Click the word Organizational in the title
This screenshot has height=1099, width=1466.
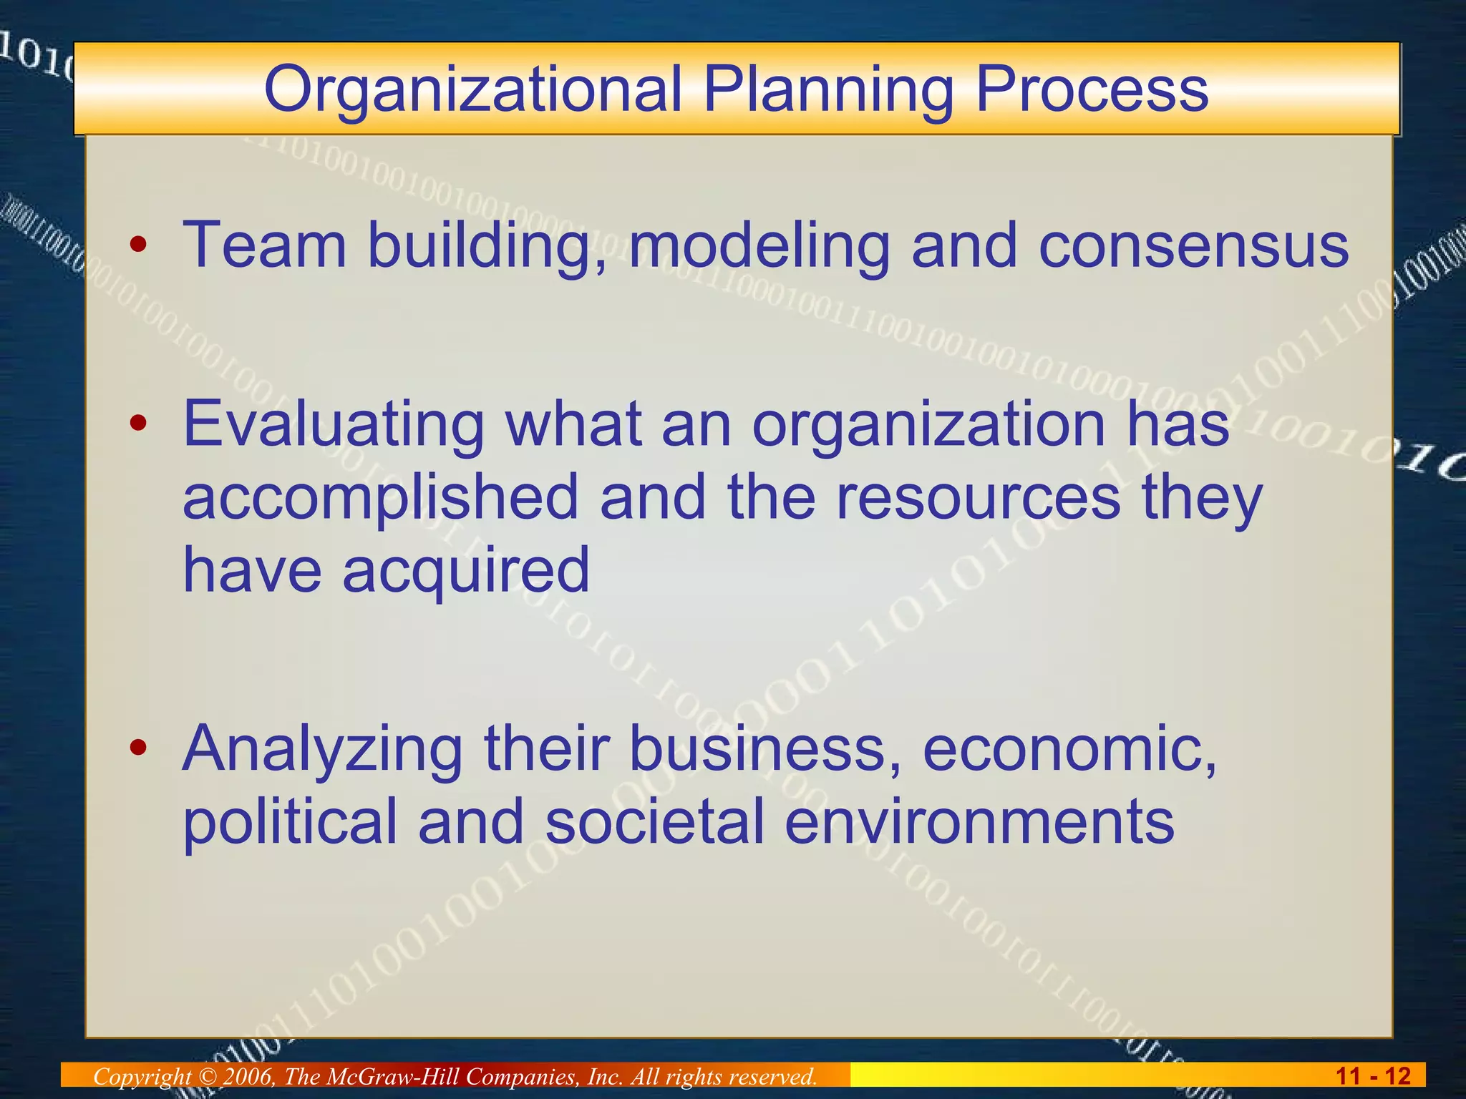tap(472, 90)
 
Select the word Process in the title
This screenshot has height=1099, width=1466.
tap(1092, 90)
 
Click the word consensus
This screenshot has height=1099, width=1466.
tap(1193, 245)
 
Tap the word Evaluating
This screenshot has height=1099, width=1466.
tap(334, 425)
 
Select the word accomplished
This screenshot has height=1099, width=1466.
tap(380, 498)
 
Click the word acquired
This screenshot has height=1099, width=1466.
tap(466, 571)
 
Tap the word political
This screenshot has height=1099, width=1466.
tap(290, 821)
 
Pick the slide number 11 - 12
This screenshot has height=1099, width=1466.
tap(1372, 1075)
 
